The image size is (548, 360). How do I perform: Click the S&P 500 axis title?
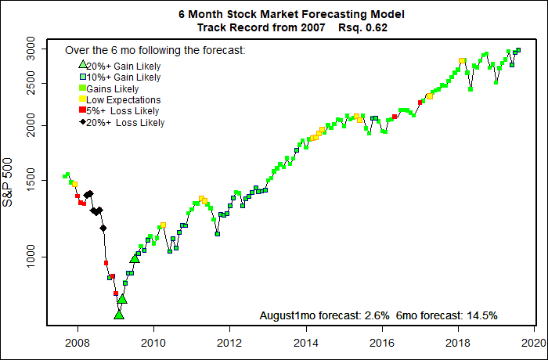9,181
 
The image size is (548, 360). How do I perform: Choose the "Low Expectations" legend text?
124,100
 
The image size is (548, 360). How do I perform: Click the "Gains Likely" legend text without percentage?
114,88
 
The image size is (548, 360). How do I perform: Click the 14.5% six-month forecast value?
481,315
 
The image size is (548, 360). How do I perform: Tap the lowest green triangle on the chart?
119,314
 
